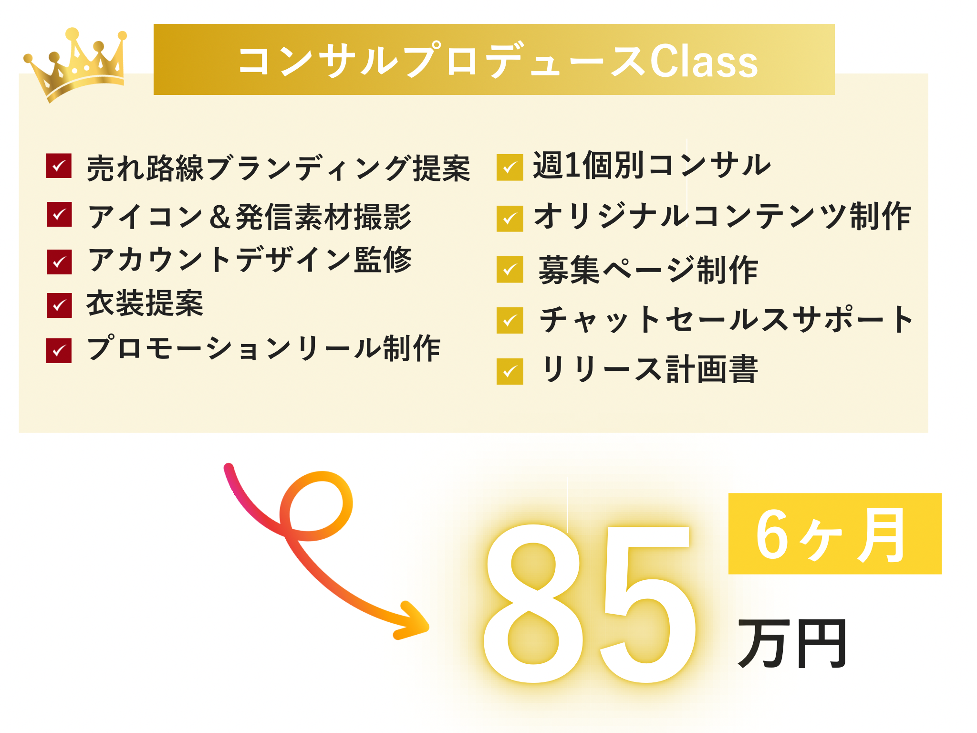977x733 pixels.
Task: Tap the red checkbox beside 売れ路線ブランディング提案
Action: click(x=59, y=166)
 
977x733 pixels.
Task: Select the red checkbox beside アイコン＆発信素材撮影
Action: click(x=59, y=214)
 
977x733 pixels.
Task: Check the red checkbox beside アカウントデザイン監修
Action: click(x=59, y=262)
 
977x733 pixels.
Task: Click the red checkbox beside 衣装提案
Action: click(x=59, y=305)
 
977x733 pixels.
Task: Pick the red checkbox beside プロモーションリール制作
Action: click(x=59, y=351)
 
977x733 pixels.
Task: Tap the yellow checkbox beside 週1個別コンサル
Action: click(x=510, y=168)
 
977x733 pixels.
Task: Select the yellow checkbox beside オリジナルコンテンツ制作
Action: click(x=510, y=219)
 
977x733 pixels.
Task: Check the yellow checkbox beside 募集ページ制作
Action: click(x=510, y=270)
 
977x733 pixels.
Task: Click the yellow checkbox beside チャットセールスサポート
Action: click(x=510, y=320)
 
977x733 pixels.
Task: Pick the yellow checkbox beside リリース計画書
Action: click(x=510, y=371)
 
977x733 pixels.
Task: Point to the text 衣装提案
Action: click(x=145, y=303)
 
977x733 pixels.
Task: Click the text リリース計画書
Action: click(x=649, y=369)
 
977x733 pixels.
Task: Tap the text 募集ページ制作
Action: click(x=648, y=270)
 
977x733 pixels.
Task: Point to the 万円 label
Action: click(x=792, y=643)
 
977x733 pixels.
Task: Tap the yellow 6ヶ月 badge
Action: click(x=835, y=534)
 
